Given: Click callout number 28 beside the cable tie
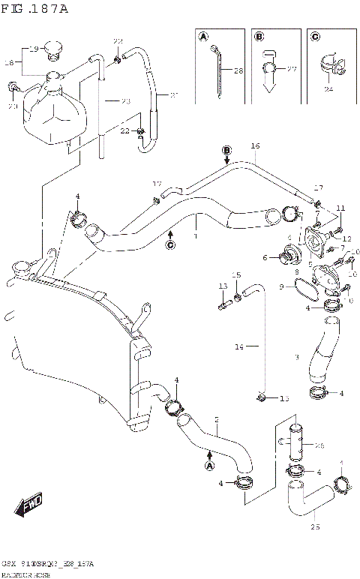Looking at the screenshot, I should [238, 71].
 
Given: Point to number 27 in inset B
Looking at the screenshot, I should [292, 70].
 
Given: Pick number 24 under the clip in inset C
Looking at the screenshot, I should [328, 90].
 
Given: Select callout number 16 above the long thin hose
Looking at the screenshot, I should [254, 145].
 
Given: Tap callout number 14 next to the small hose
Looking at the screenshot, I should [239, 346].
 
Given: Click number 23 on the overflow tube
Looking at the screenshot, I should [124, 100].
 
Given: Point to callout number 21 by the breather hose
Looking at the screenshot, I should [174, 94].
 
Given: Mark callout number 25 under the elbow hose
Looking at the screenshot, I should [315, 526].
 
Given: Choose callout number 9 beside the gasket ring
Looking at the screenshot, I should [282, 286].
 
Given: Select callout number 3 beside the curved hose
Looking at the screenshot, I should [297, 357].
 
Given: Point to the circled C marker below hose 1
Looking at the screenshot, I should [170, 244].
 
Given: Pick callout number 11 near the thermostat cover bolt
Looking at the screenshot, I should [340, 208].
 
